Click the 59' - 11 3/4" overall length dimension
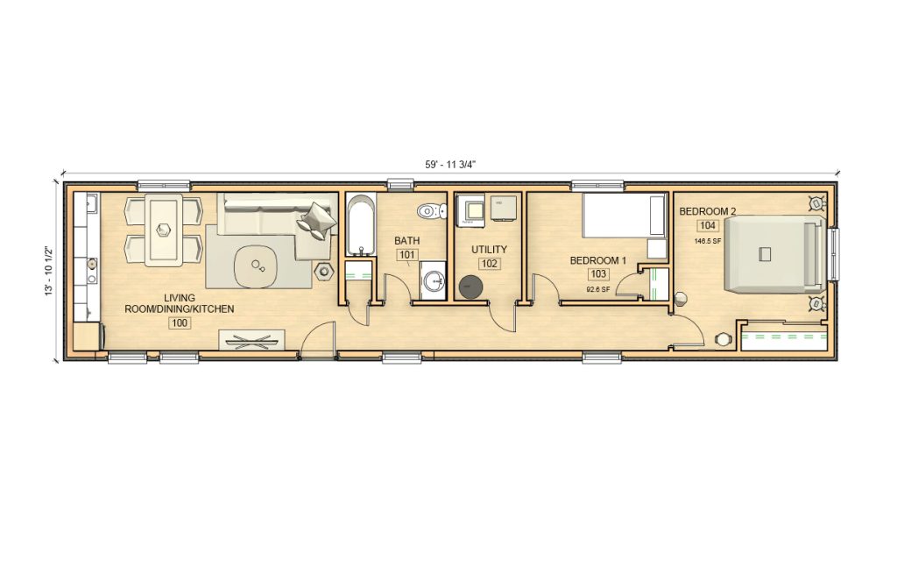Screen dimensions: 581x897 point(451,161)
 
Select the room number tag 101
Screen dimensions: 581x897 point(406,256)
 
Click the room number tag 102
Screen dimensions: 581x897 point(489,264)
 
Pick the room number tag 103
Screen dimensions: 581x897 point(598,274)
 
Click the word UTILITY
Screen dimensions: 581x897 point(489,250)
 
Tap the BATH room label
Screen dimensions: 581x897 point(406,240)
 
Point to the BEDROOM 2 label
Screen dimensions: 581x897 point(709,210)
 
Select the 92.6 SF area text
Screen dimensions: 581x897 point(598,287)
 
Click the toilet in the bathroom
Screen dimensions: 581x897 point(429,211)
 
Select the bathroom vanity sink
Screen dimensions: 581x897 point(429,282)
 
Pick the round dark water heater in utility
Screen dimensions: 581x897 point(471,286)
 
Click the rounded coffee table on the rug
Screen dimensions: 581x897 point(258,265)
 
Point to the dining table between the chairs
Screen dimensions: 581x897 point(163,229)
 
